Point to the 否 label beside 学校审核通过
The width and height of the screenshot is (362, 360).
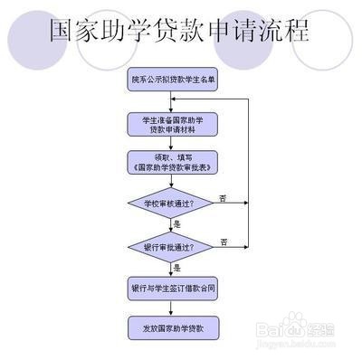[x=224, y=196]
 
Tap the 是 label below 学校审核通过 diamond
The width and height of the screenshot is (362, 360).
[x=177, y=223]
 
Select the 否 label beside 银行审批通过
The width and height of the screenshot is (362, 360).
[x=224, y=240]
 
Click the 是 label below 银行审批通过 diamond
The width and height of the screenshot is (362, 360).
[x=177, y=268]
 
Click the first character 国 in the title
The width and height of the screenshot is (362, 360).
[x=64, y=31]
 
